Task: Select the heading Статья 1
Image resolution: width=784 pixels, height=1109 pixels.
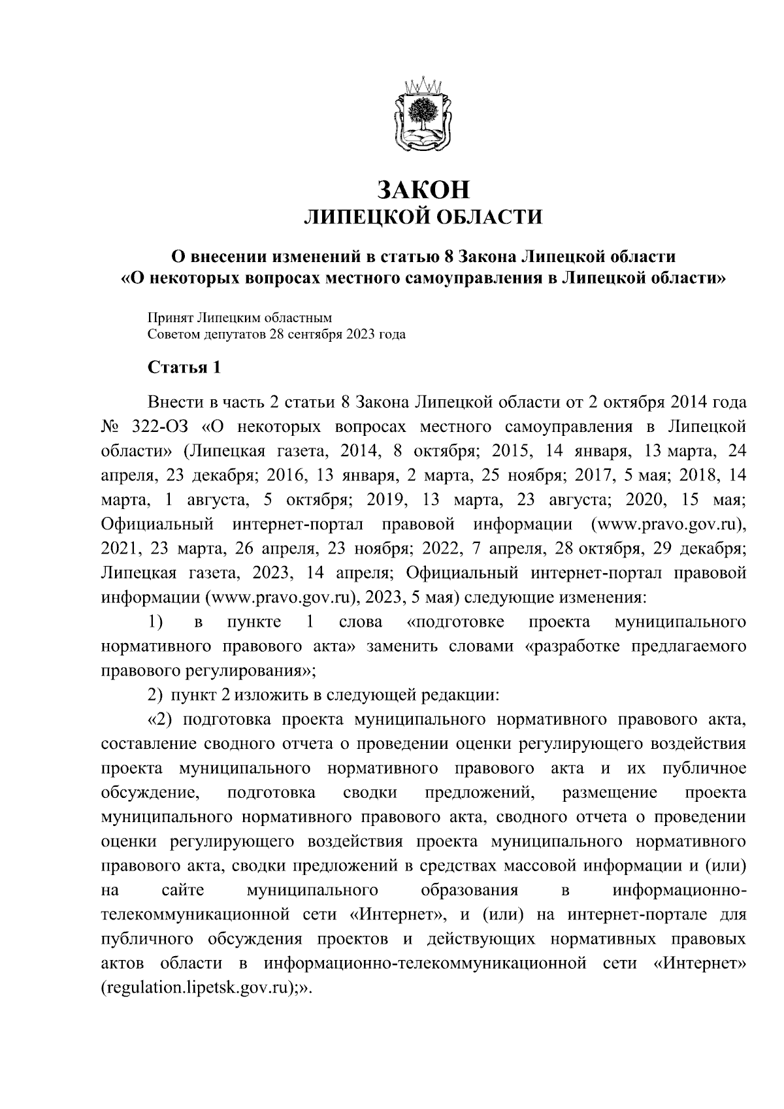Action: [186, 368]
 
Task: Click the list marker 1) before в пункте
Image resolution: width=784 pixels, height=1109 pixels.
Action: [155, 621]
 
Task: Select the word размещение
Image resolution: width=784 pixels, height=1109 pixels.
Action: [609, 793]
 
